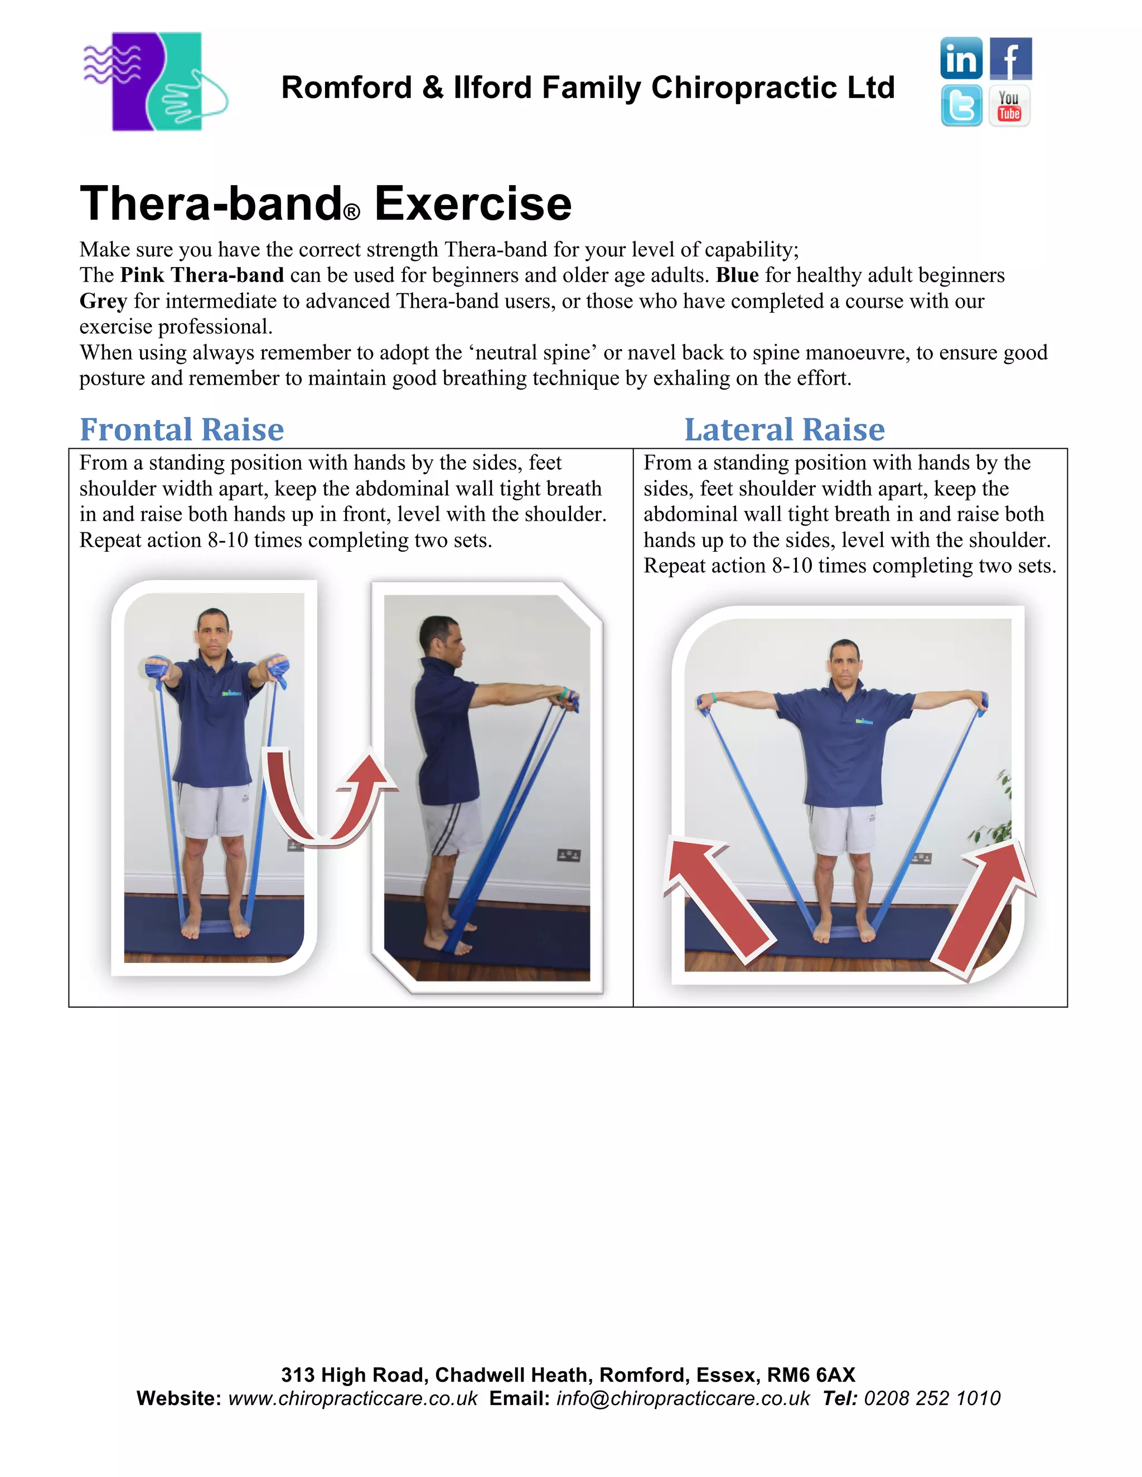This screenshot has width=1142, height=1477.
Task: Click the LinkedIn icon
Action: [x=961, y=59]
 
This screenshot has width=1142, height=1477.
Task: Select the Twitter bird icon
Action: [x=961, y=105]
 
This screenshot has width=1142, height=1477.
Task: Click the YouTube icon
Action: [x=1009, y=105]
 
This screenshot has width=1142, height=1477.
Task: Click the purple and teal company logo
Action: [x=156, y=81]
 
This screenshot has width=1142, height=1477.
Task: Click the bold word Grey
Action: [x=103, y=301]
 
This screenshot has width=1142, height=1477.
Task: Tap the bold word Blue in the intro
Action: [x=737, y=275]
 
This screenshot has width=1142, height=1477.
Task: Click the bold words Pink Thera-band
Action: [x=202, y=275]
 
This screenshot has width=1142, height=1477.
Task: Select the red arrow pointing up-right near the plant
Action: [x=984, y=906]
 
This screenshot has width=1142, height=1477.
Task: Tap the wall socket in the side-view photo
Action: [x=568, y=856]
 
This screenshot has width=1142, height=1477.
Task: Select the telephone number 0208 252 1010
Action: [x=932, y=1398]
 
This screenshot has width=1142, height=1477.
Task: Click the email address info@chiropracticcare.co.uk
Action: [x=683, y=1398]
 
